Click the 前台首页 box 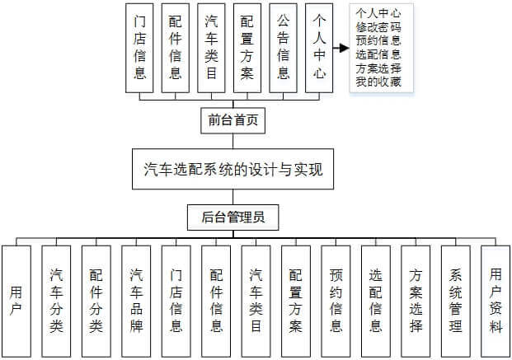(x=233, y=120)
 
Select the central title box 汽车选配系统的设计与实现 (x=233, y=169)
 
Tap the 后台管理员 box (x=233, y=217)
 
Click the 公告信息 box (x=283, y=48)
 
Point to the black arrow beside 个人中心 (x=341, y=48)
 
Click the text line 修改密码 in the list (x=378, y=26)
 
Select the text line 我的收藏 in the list (x=378, y=82)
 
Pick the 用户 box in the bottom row (x=16, y=302)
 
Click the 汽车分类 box (x=56, y=302)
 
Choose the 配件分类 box (x=96, y=302)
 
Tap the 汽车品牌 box (x=136, y=302)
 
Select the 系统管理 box (x=455, y=302)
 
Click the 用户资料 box (x=496, y=302)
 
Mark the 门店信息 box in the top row (x=139, y=48)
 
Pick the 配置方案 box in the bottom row (x=296, y=302)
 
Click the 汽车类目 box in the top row (x=211, y=48)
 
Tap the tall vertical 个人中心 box (x=319, y=48)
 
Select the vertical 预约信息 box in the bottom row (x=336, y=302)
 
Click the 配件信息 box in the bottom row (x=216, y=302)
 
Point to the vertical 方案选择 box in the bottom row (x=416, y=302)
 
